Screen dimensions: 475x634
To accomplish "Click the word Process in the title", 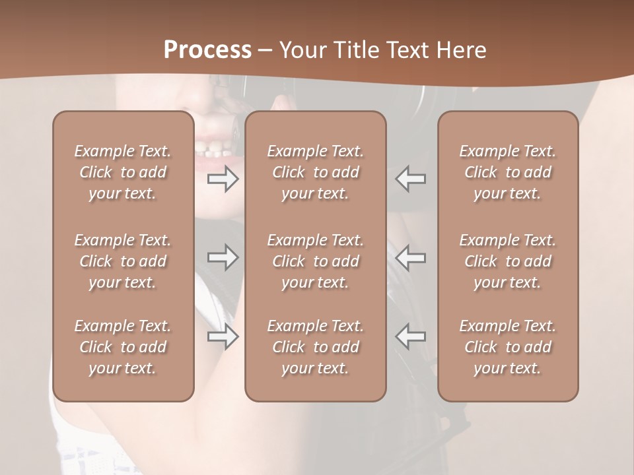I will coord(207,50).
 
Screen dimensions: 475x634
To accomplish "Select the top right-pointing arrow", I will coord(223,179).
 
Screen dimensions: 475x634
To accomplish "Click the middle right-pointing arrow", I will coord(223,257).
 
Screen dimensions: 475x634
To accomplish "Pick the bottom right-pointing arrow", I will coord(223,336).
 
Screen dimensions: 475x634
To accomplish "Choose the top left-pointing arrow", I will coord(411,179).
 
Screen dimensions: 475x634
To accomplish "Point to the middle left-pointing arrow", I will coord(411,257).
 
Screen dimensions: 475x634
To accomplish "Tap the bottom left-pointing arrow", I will coord(411,336).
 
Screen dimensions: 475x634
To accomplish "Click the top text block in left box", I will coord(123,172).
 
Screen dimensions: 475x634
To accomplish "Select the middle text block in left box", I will coord(123,261).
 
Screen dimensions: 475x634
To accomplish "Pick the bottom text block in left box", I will coord(123,347).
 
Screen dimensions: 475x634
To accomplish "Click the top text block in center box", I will coord(315,172).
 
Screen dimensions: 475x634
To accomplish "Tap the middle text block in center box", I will coord(315,261).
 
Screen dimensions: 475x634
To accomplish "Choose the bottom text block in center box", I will coord(315,347).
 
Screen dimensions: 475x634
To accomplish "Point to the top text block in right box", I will coord(507,172).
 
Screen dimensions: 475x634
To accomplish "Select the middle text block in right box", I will coord(507,261).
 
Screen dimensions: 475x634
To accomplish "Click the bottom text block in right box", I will coord(507,347).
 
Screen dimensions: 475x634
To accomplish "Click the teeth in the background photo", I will coord(213,151).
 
